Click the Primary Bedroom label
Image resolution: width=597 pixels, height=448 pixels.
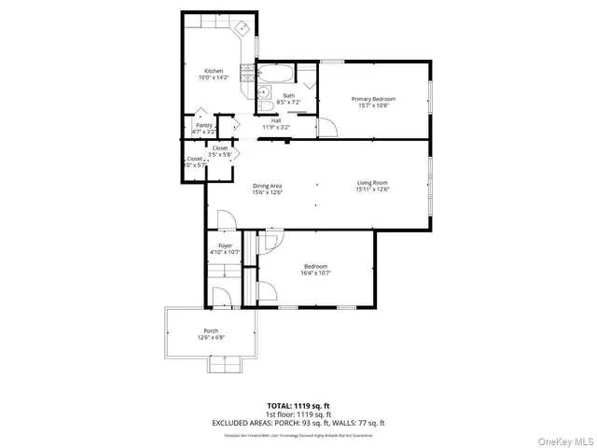point(373,99)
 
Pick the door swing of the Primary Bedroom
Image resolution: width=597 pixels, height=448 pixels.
point(327,128)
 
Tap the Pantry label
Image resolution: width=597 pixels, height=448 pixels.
point(203,125)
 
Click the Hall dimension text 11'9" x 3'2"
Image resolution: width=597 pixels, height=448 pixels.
point(276,126)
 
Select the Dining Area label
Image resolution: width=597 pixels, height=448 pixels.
point(267,186)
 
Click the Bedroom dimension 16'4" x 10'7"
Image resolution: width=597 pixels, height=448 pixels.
point(314,273)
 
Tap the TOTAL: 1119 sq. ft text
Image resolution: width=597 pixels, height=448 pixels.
point(298,406)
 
